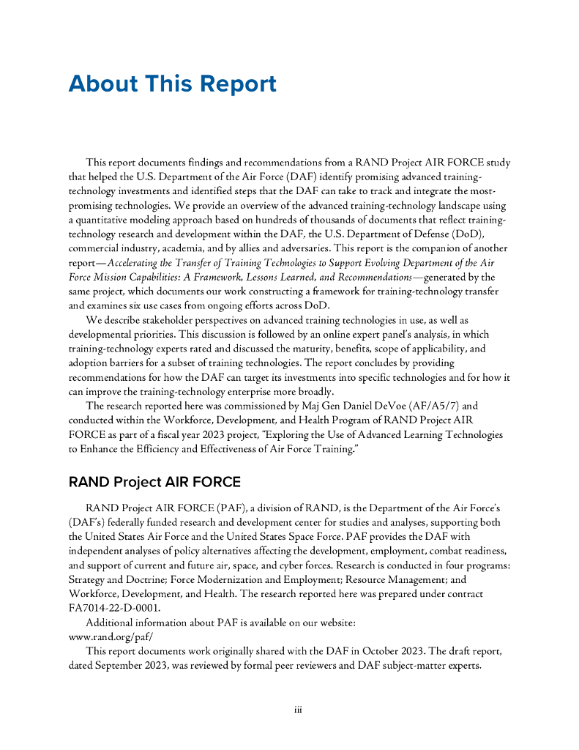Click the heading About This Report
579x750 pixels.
point(172,83)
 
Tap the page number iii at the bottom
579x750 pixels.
point(298,710)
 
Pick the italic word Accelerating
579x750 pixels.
point(138,263)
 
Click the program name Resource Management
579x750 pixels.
point(382,579)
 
